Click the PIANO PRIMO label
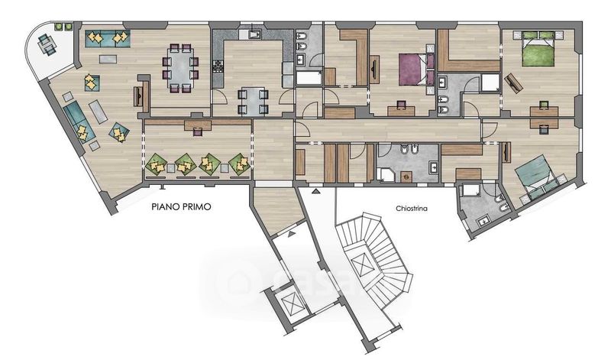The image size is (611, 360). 181,206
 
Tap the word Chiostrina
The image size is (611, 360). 412,209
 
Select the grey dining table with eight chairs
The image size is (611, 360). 181,69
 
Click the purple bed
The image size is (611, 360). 416,70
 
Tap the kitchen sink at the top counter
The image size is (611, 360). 255,34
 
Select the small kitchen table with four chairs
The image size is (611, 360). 253,101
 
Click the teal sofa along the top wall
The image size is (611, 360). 107,38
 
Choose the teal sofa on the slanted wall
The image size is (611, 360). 79,122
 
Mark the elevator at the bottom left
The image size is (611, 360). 292,300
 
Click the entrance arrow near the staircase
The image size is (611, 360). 315,192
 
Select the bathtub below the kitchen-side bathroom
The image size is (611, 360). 309,77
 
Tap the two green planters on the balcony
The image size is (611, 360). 63,27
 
